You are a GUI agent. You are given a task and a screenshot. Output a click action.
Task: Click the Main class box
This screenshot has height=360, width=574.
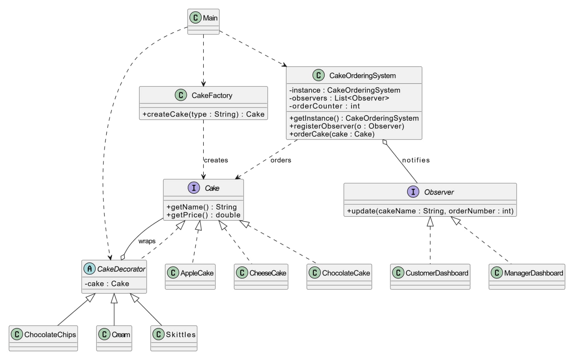coord(203,21)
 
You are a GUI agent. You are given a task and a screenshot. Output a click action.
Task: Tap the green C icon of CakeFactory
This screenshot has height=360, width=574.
coord(181,95)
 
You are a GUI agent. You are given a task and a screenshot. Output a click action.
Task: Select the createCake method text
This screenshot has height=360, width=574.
coord(203,114)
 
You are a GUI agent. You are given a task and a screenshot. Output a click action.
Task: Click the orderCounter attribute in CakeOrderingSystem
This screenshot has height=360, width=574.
coord(325,106)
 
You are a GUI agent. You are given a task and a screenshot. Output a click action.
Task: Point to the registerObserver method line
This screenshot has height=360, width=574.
coord(347,126)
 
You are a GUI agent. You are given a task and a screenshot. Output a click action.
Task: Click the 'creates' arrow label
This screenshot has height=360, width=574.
coord(216,160)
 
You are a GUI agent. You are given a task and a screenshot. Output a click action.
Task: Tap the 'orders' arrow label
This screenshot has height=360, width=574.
coord(281,160)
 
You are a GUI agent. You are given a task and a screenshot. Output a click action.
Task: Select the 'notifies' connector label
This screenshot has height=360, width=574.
coord(416,160)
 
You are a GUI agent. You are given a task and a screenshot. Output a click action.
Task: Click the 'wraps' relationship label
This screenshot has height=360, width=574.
coord(147,241)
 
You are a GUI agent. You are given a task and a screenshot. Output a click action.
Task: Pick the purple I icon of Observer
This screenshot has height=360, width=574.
coord(413,192)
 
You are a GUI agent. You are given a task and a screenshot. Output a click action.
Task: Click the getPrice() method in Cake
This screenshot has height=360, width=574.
coord(203,215)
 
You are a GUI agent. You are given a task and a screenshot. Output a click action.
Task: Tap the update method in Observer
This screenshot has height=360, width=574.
coord(430,211)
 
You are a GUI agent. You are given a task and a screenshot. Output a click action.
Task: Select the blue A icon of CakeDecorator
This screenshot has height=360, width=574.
coord(89,269)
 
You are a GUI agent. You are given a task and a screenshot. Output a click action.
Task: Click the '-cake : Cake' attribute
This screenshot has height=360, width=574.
coord(107,284)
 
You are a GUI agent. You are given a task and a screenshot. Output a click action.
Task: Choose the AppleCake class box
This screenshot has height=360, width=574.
coord(190,276)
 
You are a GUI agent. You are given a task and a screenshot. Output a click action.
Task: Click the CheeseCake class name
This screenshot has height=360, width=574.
coord(268,273)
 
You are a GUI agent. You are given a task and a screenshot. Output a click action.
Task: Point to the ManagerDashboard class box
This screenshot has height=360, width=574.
coord(527,276)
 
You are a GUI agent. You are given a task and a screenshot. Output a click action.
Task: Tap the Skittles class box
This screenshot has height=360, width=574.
coord(174,338)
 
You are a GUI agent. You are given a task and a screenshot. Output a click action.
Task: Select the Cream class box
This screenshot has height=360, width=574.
coord(114,338)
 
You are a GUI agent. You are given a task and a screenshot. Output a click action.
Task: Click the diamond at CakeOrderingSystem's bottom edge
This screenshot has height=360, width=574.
coord(385,142)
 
